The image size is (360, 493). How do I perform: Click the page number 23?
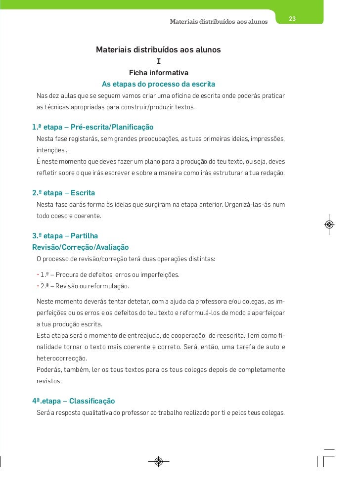point(292,19)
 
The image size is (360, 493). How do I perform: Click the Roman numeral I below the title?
point(158,62)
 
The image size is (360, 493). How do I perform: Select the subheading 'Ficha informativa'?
point(158,73)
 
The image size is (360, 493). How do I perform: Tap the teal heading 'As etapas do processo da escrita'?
point(158,84)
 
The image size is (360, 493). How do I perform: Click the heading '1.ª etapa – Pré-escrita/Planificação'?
point(93,127)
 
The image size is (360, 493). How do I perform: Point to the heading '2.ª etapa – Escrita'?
point(63,192)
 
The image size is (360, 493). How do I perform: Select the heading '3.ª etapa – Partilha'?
point(65,236)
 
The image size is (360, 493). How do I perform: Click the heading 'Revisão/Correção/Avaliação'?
point(80,247)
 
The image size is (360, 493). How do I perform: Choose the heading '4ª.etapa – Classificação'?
point(74,401)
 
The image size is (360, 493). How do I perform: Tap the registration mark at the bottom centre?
point(158,462)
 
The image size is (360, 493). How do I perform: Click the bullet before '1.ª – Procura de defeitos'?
point(38,274)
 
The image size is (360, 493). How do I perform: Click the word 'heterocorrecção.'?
point(61,358)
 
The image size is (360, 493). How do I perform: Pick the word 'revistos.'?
point(49,381)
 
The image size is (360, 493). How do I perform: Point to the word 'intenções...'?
point(52,150)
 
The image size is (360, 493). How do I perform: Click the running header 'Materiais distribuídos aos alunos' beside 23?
point(219,22)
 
